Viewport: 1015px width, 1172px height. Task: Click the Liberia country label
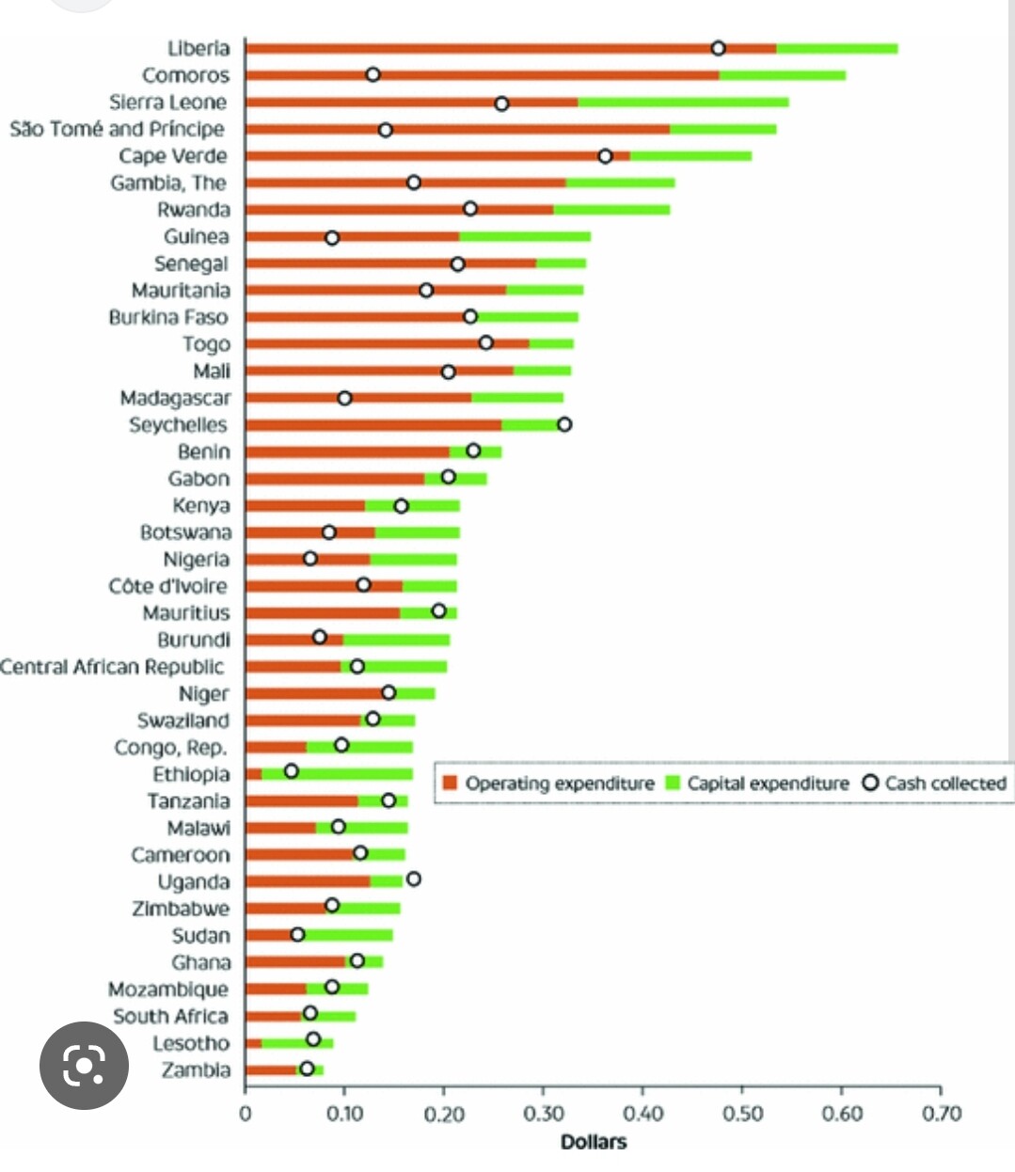(x=198, y=48)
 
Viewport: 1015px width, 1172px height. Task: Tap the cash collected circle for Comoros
(x=373, y=74)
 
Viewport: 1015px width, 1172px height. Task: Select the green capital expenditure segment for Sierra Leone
(x=683, y=103)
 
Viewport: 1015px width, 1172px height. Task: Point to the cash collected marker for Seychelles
(x=563, y=424)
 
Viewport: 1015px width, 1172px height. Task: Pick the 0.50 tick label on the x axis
(x=742, y=1115)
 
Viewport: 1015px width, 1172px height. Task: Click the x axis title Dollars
(x=593, y=1142)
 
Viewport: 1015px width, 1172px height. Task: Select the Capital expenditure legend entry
(x=757, y=784)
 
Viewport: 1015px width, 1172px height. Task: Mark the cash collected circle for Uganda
(x=413, y=879)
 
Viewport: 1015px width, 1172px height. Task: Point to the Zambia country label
(x=196, y=1069)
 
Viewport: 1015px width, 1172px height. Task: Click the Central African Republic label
(x=112, y=667)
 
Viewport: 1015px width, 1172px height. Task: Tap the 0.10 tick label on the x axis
(x=345, y=1115)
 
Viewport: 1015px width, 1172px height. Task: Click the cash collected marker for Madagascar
(x=344, y=398)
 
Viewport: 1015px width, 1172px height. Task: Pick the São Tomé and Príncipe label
(x=118, y=129)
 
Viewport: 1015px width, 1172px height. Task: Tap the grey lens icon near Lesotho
(x=84, y=1065)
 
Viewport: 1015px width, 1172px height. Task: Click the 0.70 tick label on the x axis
(x=942, y=1115)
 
